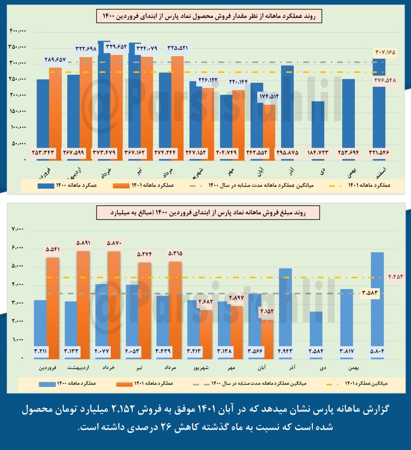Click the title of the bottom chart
pyautogui.click(x=208, y=213)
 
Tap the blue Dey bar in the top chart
pyautogui.click(x=318, y=125)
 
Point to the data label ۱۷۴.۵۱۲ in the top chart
pyautogui.click(x=269, y=96)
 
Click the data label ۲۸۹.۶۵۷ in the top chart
pyautogui.click(x=55, y=60)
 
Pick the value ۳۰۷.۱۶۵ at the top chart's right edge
pyautogui.click(x=385, y=52)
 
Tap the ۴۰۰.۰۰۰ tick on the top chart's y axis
pyautogui.click(x=18, y=31)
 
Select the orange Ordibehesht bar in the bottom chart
pyautogui.click(x=83, y=304)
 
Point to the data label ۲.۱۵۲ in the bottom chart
pyautogui.click(x=267, y=312)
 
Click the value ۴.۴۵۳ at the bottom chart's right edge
pyautogui.click(x=395, y=276)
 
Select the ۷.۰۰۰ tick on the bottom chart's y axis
pyautogui.click(x=17, y=229)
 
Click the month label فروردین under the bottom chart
pyautogui.click(x=48, y=368)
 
